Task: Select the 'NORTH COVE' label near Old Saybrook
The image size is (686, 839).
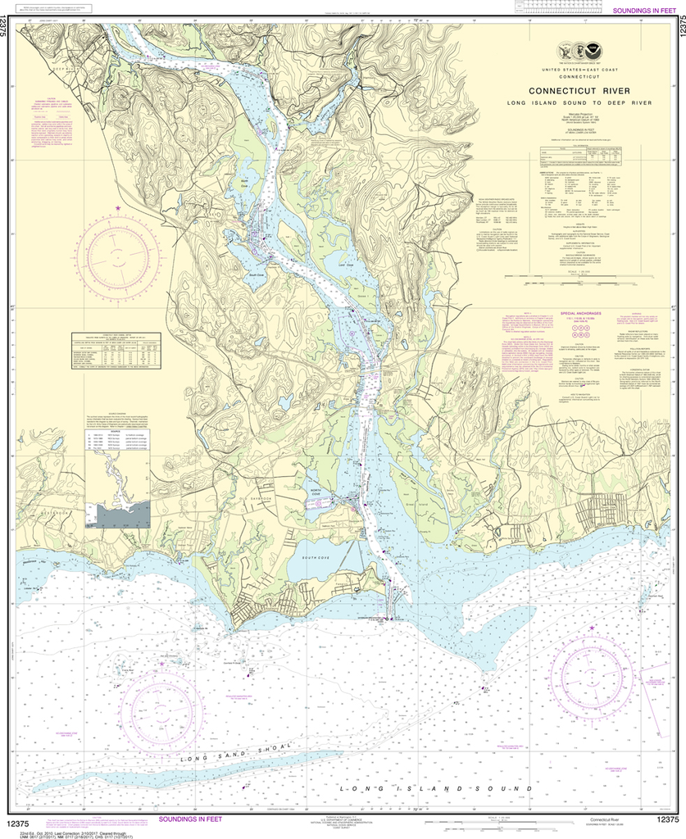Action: pos(316,492)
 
